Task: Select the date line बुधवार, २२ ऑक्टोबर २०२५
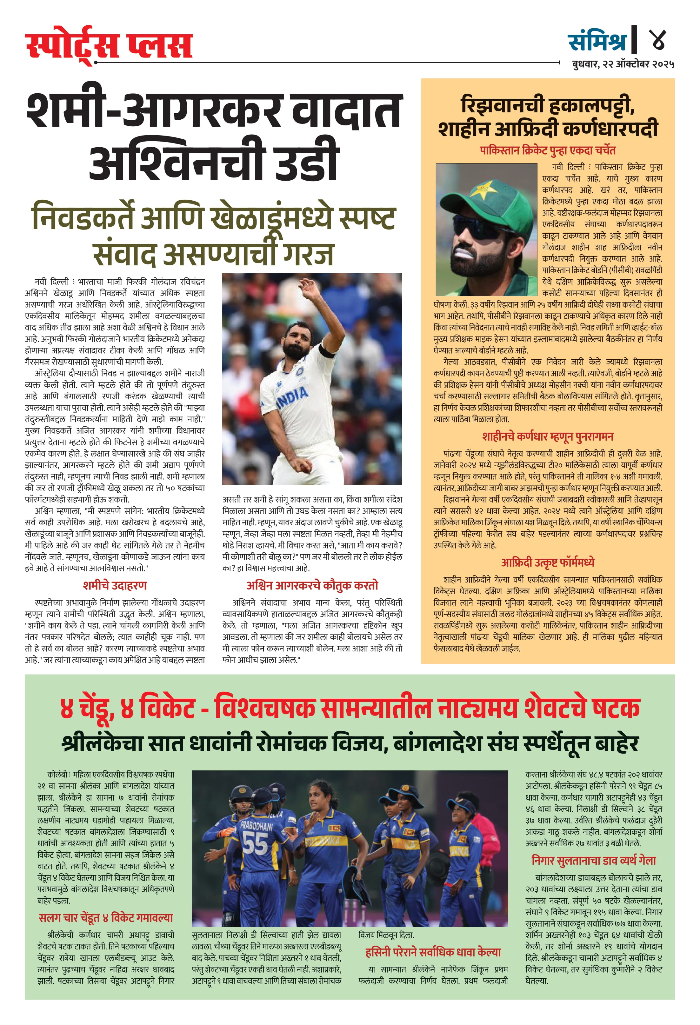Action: (623, 64)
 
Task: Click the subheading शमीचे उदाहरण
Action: (115, 586)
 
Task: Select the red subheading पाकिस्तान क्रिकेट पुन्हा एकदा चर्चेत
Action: (547, 150)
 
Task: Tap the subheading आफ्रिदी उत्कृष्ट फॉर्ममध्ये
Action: (547, 563)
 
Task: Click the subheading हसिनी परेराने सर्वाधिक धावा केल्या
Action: (433, 953)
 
